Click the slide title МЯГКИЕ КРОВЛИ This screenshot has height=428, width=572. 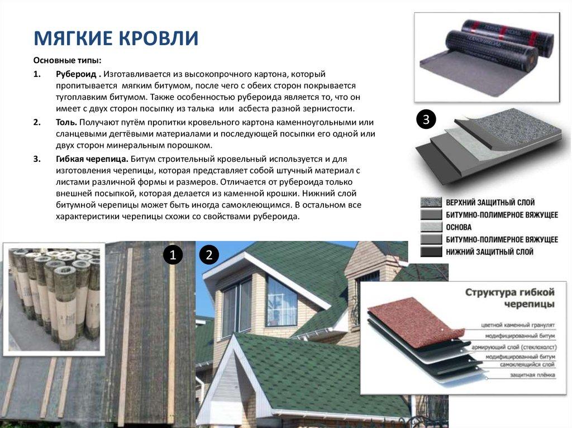click(x=116, y=38)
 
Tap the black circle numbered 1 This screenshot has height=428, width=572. click(x=173, y=256)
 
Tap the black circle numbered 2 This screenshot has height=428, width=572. click(x=209, y=255)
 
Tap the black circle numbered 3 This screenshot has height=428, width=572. click(x=426, y=119)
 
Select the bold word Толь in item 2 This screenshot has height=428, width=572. click(x=66, y=122)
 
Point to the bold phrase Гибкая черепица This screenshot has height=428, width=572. click(x=92, y=158)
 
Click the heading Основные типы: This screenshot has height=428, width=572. click(x=67, y=60)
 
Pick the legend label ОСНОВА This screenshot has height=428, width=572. click(x=459, y=228)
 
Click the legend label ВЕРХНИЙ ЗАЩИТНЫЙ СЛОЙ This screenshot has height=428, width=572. click(x=490, y=202)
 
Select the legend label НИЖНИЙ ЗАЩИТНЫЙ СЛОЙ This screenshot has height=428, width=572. click(x=489, y=252)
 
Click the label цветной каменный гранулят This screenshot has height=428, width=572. click(x=519, y=324)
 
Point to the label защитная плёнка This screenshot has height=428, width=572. click(x=532, y=375)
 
